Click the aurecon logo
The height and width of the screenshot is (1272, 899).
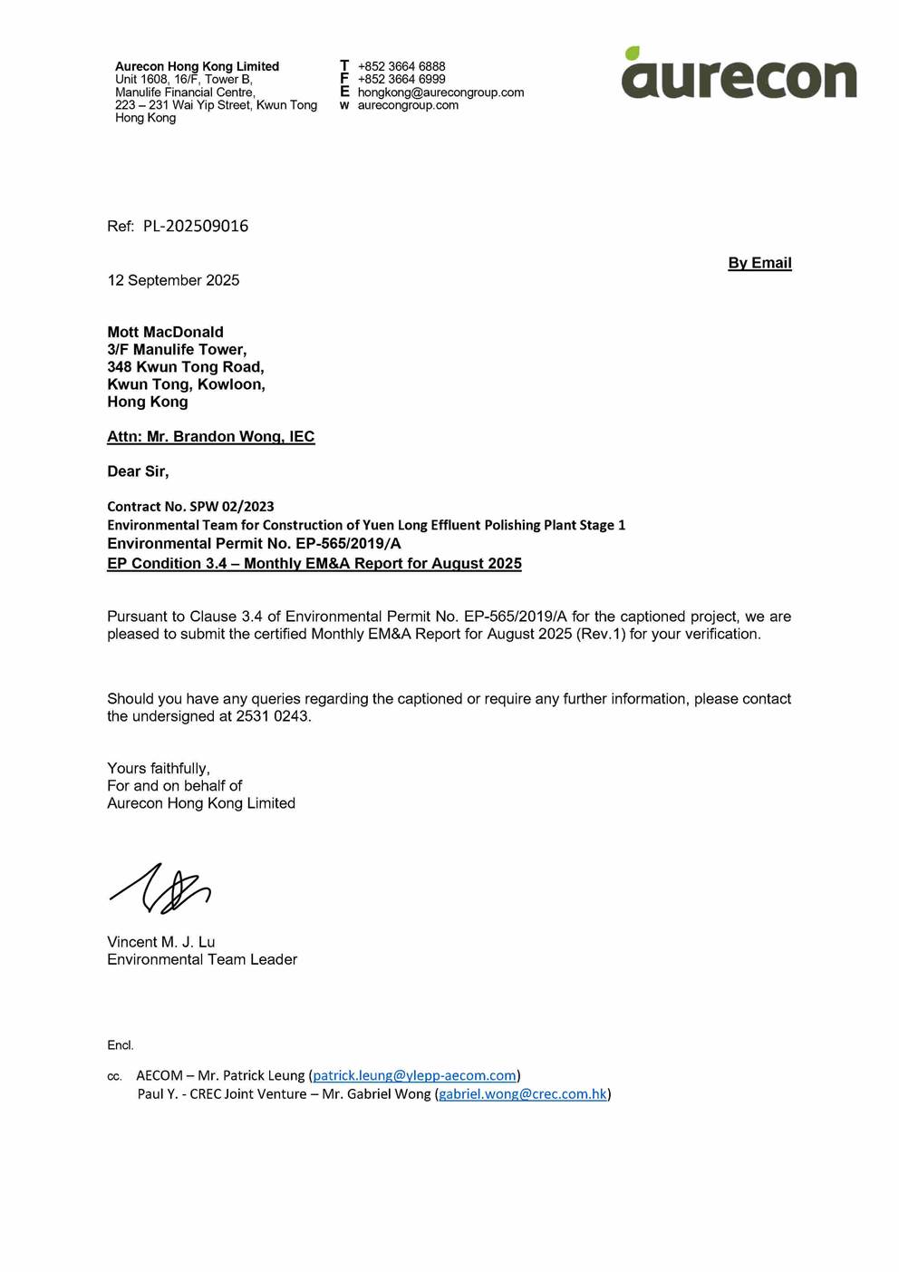pos(739,75)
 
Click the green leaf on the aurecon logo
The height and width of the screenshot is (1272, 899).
pos(632,53)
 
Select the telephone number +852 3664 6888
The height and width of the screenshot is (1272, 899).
pos(401,66)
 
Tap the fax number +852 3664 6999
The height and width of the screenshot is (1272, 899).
pos(401,79)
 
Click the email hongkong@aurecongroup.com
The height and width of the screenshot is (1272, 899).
pos(440,92)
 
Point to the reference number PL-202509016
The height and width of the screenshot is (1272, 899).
pos(195,226)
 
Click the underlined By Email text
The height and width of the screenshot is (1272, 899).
pos(759,263)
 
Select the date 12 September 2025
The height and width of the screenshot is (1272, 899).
pos(173,280)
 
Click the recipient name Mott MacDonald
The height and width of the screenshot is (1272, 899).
pos(165,332)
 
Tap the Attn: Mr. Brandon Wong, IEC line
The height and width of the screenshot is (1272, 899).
pos(210,436)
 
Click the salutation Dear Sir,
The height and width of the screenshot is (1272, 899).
pos(138,471)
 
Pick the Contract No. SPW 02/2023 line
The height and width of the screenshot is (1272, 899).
pos(190,506)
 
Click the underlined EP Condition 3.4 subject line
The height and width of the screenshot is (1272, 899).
pos(314,563)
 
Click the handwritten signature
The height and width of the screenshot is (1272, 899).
pos(161,888)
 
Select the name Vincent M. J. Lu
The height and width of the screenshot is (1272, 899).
pos(160,942)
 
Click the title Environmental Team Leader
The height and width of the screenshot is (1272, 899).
pos(201,959)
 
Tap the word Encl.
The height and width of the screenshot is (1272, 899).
pos(120,1045)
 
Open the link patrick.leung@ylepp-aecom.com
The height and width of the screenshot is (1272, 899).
pos(414,1075)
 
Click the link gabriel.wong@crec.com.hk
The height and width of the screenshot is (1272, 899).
pos(522,1093)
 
